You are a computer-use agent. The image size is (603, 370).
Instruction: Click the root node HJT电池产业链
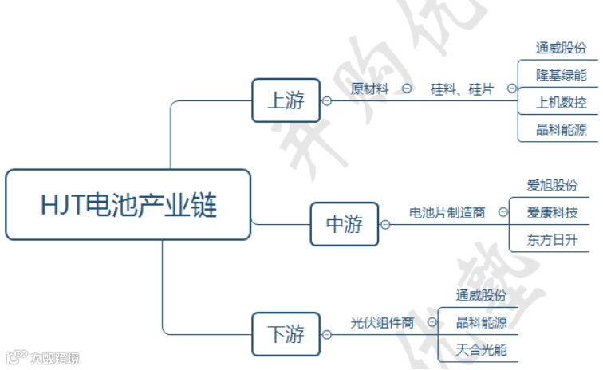point(128,205)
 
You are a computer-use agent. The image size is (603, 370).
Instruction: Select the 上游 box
point(286,100)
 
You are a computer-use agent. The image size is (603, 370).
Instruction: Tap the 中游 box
point(344,224)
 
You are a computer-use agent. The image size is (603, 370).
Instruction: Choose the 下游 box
point(286,334)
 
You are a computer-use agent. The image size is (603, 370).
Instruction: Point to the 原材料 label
point(370,89)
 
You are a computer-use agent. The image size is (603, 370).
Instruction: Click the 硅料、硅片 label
point(462,89)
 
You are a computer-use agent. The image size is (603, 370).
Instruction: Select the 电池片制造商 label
point(447,213)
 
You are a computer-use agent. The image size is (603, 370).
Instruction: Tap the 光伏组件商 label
point(383,322)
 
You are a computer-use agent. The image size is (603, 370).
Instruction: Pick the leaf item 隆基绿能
point(561,75)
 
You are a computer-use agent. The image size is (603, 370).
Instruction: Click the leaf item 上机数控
point(561,102)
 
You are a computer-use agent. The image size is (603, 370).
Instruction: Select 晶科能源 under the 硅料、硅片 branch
point(561,129)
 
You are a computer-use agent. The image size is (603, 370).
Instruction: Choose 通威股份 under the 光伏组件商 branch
point(481,295)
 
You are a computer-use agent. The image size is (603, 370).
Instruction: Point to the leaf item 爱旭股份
point(552,186)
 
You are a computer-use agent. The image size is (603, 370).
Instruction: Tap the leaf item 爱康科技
point(552,213)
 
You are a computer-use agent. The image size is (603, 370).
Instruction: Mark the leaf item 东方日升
point(552,239)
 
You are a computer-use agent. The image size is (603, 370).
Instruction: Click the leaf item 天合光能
point(481,349)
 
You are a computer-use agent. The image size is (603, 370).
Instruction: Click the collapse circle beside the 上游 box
point(326,100)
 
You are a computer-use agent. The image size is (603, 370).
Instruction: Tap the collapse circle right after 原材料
point(407,89)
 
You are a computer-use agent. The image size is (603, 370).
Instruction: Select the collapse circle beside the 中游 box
point(385,224)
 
